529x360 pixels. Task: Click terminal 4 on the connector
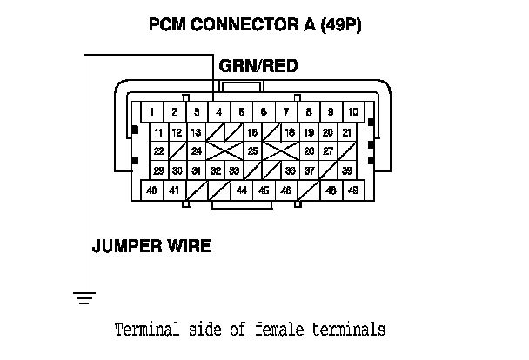pos(218,112)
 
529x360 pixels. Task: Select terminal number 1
pos(151,112)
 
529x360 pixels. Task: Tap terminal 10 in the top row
pos(353,112)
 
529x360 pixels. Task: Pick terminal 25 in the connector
pos(252,151)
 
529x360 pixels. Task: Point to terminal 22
pos(158,151)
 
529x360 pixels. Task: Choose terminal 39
pos(346,170)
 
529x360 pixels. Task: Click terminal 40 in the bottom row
pos(151,190)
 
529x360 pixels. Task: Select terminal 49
pos(353,190)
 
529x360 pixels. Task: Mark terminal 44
pos(241,190)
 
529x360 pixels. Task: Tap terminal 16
pos(252,132)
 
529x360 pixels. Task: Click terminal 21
pos(346,132)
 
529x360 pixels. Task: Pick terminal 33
pos(234,170)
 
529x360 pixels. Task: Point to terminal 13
pos(197,132)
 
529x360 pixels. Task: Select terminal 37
pos(309,170)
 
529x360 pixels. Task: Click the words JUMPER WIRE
pos(151,245)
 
